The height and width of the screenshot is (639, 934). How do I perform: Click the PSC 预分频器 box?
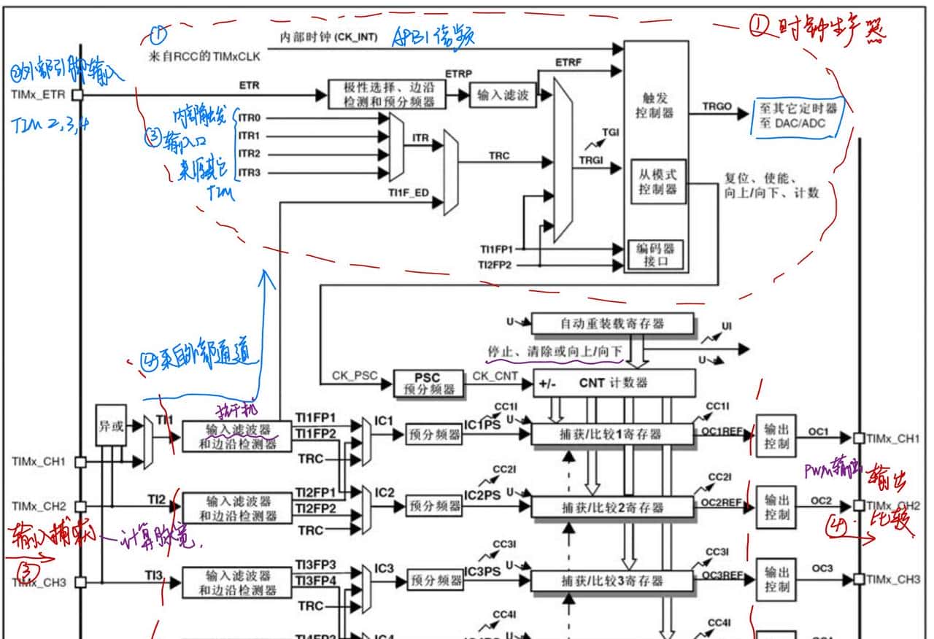(428, 384)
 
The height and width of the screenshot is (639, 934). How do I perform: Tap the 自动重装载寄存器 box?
(611, 323)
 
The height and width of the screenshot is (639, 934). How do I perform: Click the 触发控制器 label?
(655, 106)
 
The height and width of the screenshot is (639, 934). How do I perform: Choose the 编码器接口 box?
(655, 255)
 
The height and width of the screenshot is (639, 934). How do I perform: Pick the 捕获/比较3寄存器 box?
(611, 581)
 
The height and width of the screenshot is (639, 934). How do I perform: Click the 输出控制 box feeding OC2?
(776, 507)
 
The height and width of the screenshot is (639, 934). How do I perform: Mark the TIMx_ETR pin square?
(78, 95)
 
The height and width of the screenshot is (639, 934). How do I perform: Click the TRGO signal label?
(716, 106)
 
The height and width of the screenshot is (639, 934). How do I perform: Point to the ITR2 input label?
(249, 154)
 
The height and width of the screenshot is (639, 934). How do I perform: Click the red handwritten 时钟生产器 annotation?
(817, 29)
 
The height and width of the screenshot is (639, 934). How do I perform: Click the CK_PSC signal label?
(354, 376)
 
